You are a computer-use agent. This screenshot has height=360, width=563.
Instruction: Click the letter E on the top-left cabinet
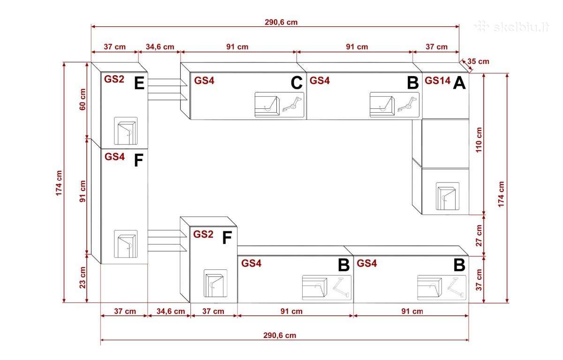click(x=139, y=83)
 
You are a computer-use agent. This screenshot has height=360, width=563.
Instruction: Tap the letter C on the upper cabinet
click(x=297, y=83)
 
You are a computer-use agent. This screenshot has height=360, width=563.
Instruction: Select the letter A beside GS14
click(x=459, y=83)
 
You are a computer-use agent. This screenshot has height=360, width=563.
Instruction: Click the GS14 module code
click(x=438, y=81)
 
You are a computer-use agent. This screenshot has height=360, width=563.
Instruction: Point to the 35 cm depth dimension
click(x=478, y=61)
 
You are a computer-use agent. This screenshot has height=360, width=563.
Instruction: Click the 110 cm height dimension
click(x=479, y=140)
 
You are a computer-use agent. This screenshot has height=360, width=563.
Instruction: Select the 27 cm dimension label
click(x=479, y=236)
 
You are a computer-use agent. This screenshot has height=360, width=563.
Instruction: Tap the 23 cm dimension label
click(x=83, y=277)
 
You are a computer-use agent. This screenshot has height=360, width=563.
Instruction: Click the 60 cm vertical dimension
click(x=83, y=100)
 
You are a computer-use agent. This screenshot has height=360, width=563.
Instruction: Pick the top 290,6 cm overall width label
click(x=281, y=22)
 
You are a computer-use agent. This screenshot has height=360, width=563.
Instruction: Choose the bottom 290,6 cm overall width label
click(x=280, y=336)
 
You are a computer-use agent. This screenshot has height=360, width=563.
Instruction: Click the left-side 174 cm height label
click(x=59, y=183)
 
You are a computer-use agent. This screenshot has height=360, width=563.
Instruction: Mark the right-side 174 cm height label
click(x=501, y=194)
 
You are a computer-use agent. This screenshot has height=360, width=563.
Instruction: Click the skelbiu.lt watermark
click(x=512, y=27)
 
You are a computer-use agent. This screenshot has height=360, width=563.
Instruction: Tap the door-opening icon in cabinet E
click(x=126, y=131)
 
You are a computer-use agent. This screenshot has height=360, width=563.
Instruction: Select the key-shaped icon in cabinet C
click(x=292, y=104)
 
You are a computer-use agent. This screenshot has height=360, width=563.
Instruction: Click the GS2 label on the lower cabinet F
click(x=203, y=234)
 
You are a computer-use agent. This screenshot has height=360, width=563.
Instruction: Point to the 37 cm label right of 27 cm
click(x=479, y=280)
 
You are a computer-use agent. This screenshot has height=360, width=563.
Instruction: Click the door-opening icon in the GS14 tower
click(x=448, y=196)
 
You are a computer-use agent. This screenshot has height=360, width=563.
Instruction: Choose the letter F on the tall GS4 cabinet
click(x=138, y=160)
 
